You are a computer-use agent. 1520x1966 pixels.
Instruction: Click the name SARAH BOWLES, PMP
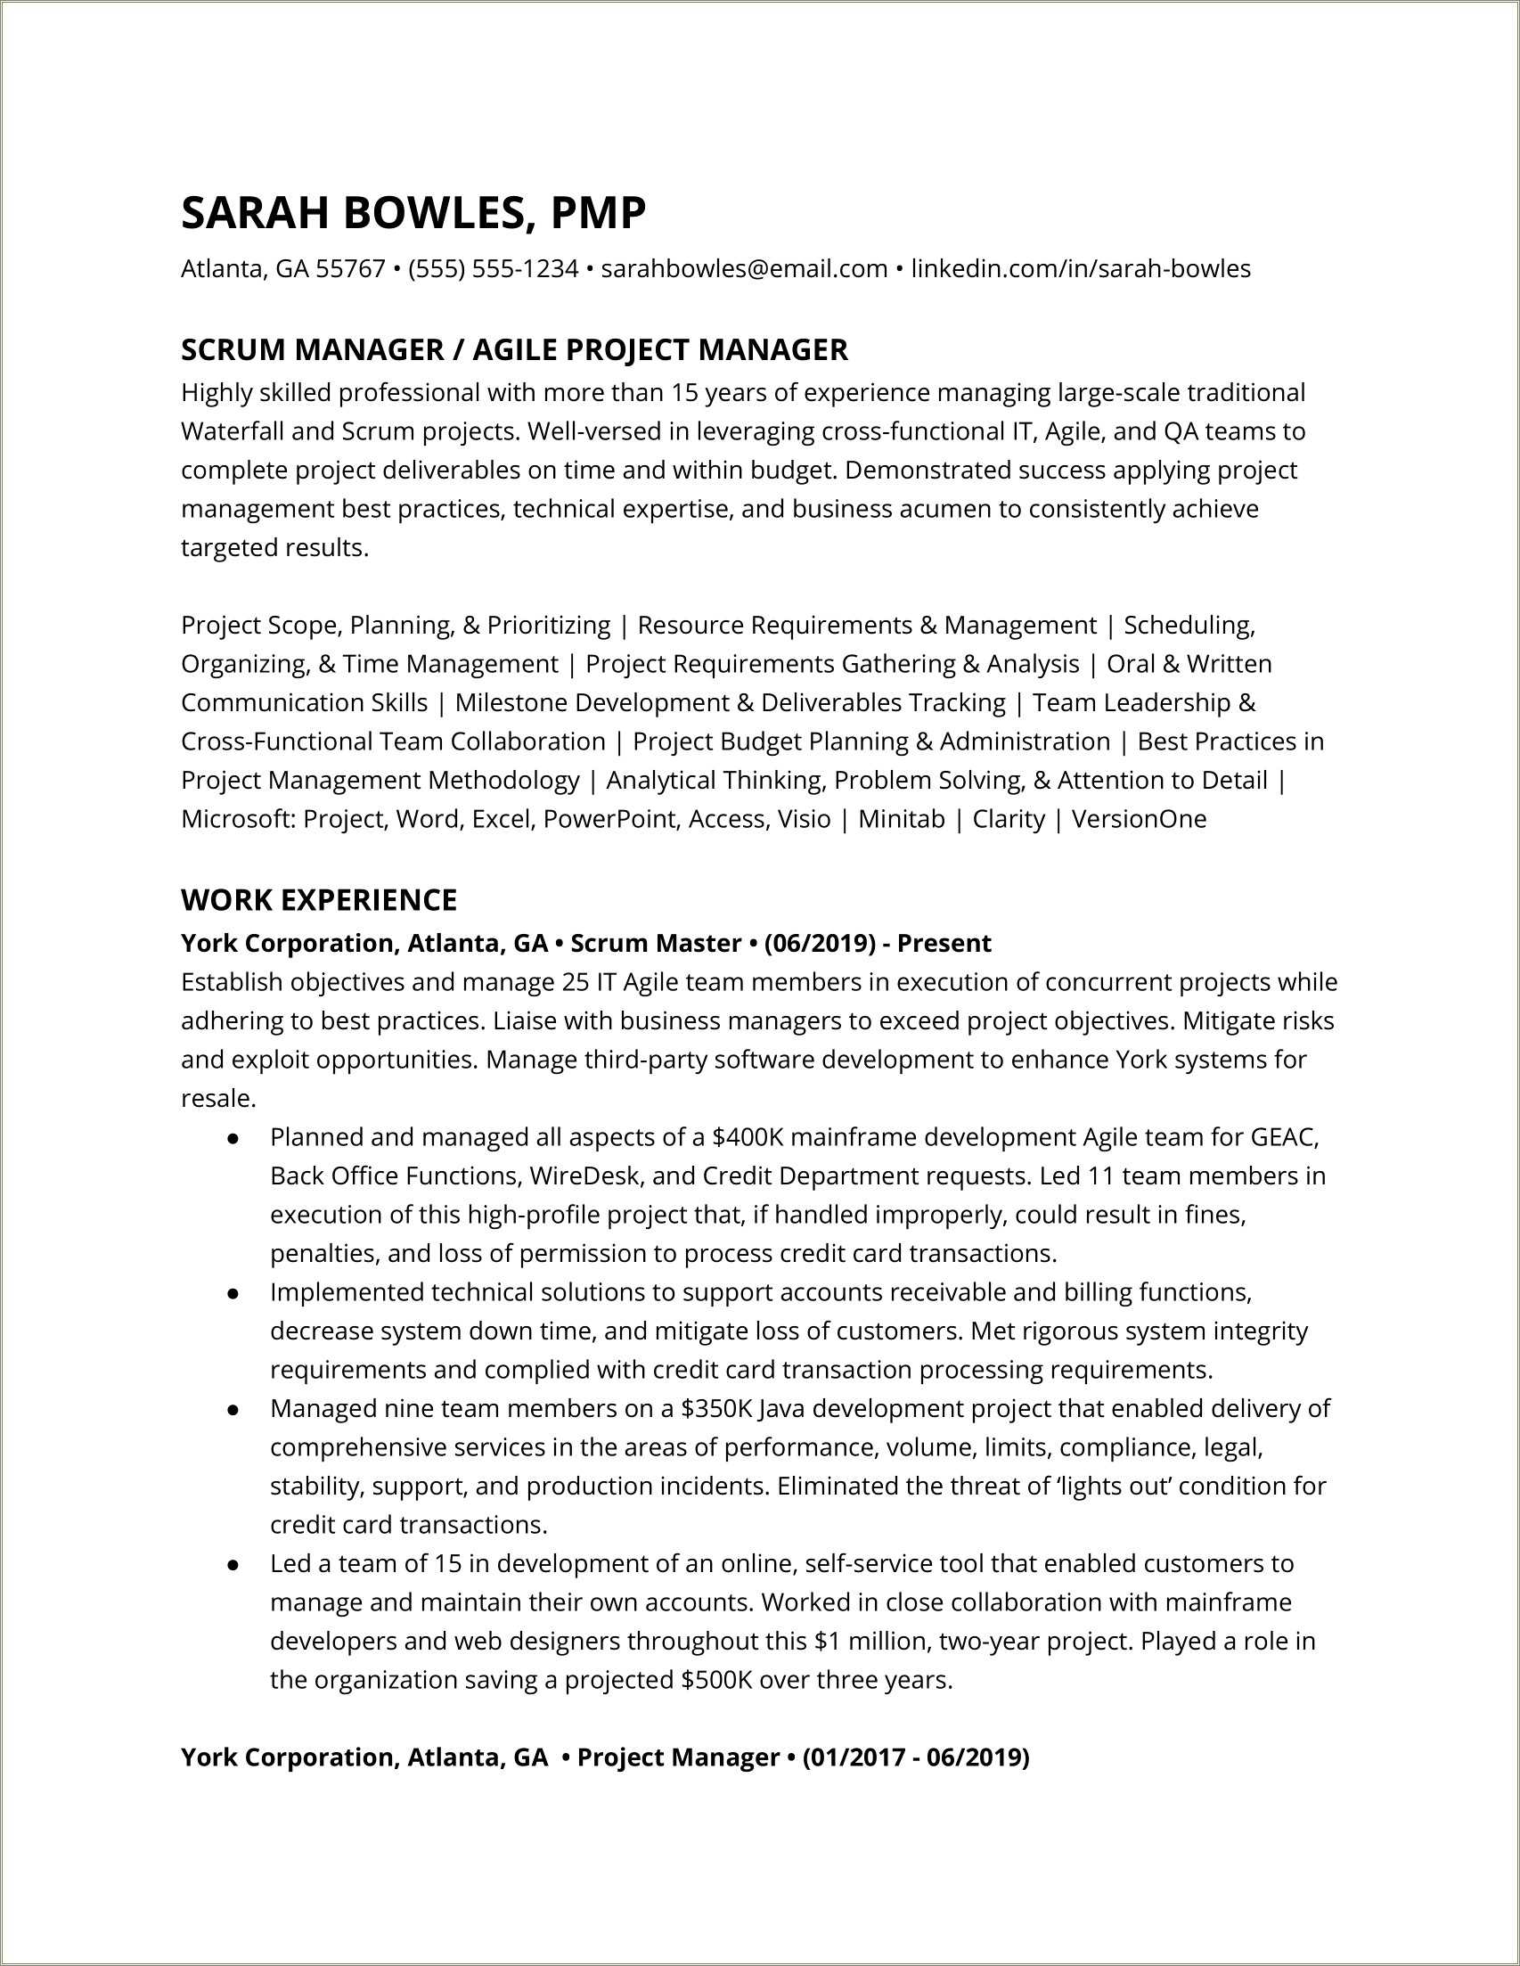(413, 214)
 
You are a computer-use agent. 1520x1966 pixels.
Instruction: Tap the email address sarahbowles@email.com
(743, 268)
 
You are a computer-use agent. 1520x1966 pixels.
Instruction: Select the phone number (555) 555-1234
(493, 268)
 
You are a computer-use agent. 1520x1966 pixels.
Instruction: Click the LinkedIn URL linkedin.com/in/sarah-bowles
(1080, 268)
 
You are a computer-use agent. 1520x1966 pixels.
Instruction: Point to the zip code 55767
(350, 268)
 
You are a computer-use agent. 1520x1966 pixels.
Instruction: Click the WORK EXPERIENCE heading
(319, 899)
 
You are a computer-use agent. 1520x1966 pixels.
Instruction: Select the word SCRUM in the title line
(233, 349)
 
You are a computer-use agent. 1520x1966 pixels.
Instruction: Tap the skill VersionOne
(1139, 819)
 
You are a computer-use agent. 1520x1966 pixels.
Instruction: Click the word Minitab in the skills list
(901, 819)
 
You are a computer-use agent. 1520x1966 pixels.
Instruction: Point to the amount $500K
(717, 1680)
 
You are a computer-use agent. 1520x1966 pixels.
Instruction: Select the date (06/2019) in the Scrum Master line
(819, 944)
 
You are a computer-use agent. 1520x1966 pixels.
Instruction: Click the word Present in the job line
(944, 944)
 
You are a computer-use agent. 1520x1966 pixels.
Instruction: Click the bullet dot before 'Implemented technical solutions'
(233, 1293)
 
